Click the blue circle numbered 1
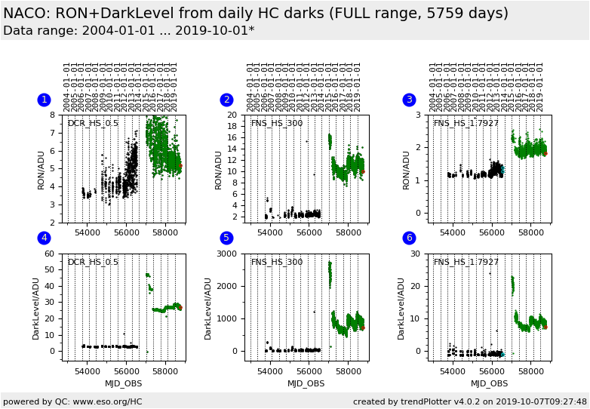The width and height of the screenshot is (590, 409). (x=44, y=100)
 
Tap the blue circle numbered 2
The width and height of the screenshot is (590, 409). (x=226, y=100)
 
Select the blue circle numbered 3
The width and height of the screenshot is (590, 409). (x=410, y=100)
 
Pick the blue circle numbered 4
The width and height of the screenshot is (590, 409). (x=44, y=238)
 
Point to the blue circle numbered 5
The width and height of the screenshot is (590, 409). (x=226, y=238)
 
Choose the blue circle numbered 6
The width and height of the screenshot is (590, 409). (x=410, y=238)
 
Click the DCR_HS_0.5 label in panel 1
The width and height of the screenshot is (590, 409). (x=93, y=123)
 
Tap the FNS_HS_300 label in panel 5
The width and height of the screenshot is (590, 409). (x=276, y=262)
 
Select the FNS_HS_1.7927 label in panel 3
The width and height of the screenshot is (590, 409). (x=466, y=123)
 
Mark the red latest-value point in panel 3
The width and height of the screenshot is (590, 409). (x=545, y=154)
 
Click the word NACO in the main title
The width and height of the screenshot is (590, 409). (x=27, y=14)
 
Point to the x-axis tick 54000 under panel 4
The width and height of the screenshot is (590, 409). (x=88, y=371)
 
